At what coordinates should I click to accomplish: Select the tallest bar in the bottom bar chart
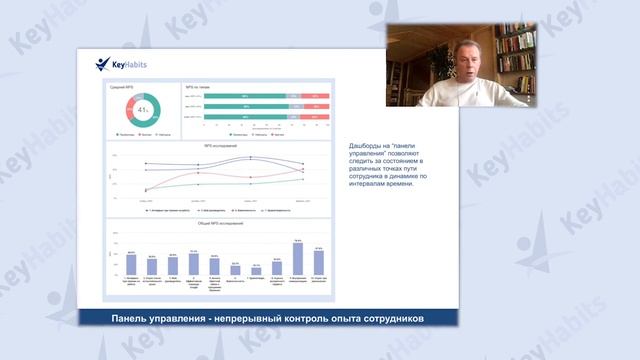coord(297,258)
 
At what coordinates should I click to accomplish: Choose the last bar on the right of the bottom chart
coord(318,262)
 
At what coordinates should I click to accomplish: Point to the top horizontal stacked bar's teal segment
coord(244,97)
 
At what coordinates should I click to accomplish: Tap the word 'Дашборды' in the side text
coord(366,147)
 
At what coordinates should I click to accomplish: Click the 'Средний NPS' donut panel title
coord(122,88)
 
